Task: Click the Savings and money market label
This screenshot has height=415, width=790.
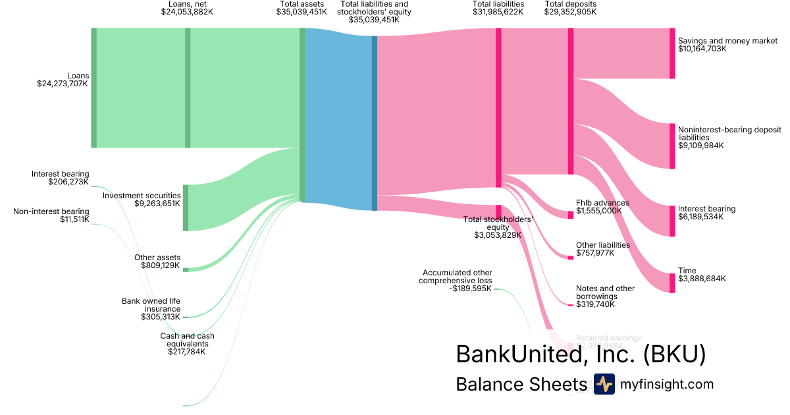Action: (x=727, y=41)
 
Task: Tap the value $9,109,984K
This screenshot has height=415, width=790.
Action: (x=700, y=146)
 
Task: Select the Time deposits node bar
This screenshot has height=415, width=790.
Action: (x=672, y=283)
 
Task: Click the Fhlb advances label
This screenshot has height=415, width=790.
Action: (x=602, y=203)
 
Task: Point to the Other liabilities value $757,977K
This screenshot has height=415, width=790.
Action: (x=595, y=253)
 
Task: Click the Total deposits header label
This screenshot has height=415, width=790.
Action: (x=571, y=4)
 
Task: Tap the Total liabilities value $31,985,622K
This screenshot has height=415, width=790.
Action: (x=498, y=13)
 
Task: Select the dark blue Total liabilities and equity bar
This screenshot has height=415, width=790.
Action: (x=375, y=123)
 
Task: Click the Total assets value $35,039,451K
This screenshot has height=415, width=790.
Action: (x=302, y=13)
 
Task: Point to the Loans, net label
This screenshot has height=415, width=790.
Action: (x=187, y=4)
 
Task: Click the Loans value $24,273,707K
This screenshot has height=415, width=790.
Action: (x=63, y=84)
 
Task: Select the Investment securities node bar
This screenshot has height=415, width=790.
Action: (x=186, y=207)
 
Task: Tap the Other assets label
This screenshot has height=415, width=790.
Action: (x=157, y=258)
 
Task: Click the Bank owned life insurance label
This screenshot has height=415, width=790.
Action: (x=151, y=305)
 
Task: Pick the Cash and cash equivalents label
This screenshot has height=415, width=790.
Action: (x=187, y=340)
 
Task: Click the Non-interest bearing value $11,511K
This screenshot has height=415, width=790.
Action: (x=74, y=219)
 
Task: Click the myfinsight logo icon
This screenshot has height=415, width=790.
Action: (x=604, y=384)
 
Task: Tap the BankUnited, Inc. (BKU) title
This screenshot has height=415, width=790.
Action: (x=581, y=354)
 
